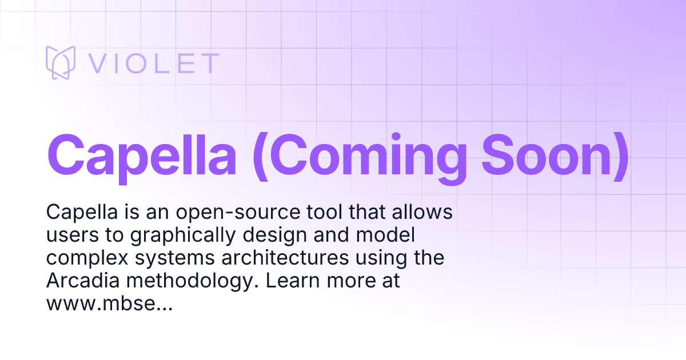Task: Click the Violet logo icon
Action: pos(61,63)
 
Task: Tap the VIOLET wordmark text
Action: pos(153,63)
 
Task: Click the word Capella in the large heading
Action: pos(141,155)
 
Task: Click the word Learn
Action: pos(293,281)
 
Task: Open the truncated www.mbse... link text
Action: pos(109,304)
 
